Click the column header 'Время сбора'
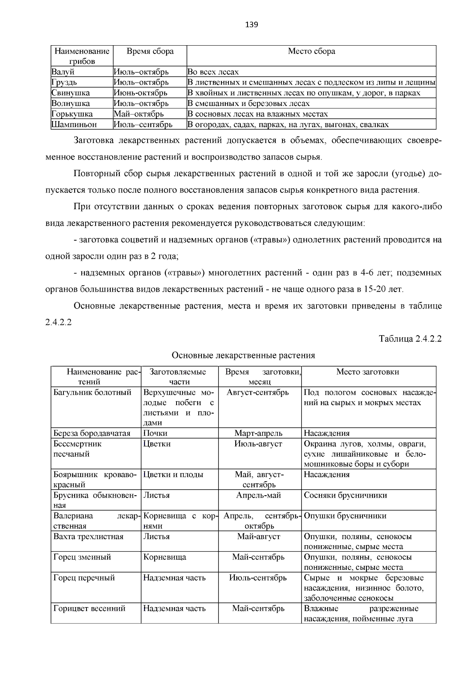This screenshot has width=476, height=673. coord(150,51)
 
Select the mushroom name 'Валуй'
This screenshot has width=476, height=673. coord(63,72)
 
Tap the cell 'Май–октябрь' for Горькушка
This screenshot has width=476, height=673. coord(139,114)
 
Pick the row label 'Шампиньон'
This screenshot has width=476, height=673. coord(74,124)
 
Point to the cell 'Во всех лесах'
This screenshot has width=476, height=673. coord(213,72)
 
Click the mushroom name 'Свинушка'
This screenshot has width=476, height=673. coord(71,93)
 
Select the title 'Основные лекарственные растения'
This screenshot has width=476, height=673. coord(243,355)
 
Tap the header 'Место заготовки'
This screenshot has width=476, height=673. coord(368,372)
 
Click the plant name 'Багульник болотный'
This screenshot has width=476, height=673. coord(92,392)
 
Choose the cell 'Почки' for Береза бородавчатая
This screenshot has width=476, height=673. coord(155,433)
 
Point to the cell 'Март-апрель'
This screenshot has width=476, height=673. coord(258,433)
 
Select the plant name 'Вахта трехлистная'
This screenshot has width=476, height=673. coord(88,536)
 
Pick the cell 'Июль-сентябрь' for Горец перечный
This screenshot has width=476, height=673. coord(258,578)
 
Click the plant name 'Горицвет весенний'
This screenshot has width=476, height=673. coord(89,608)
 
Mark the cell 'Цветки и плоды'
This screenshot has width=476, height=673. coord(173,475)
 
